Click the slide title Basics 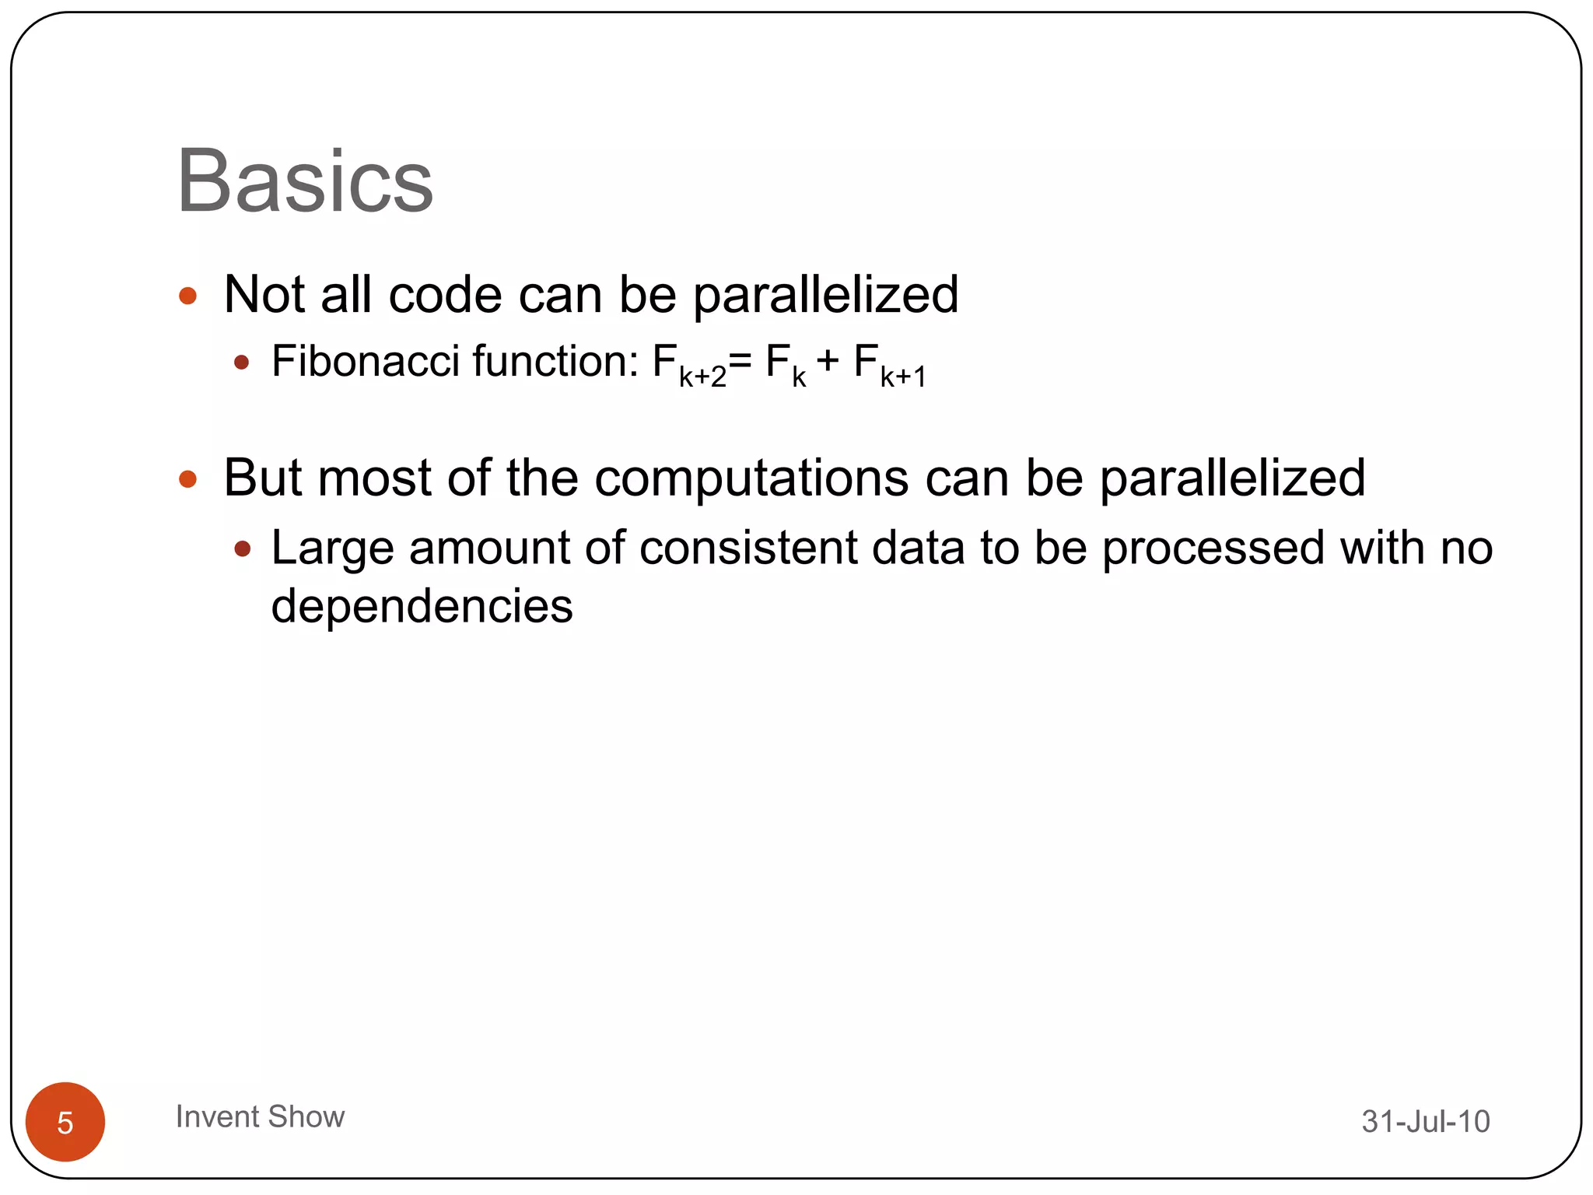305,181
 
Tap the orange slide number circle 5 65,1122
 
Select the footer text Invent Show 260,1116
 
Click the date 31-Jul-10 1425,1121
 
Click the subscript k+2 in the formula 702,377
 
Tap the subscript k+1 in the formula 903,377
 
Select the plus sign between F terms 828,361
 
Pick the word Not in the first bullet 263,295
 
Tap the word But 263,477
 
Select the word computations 751,477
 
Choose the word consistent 748,548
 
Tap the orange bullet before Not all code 187,296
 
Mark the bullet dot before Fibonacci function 242,363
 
